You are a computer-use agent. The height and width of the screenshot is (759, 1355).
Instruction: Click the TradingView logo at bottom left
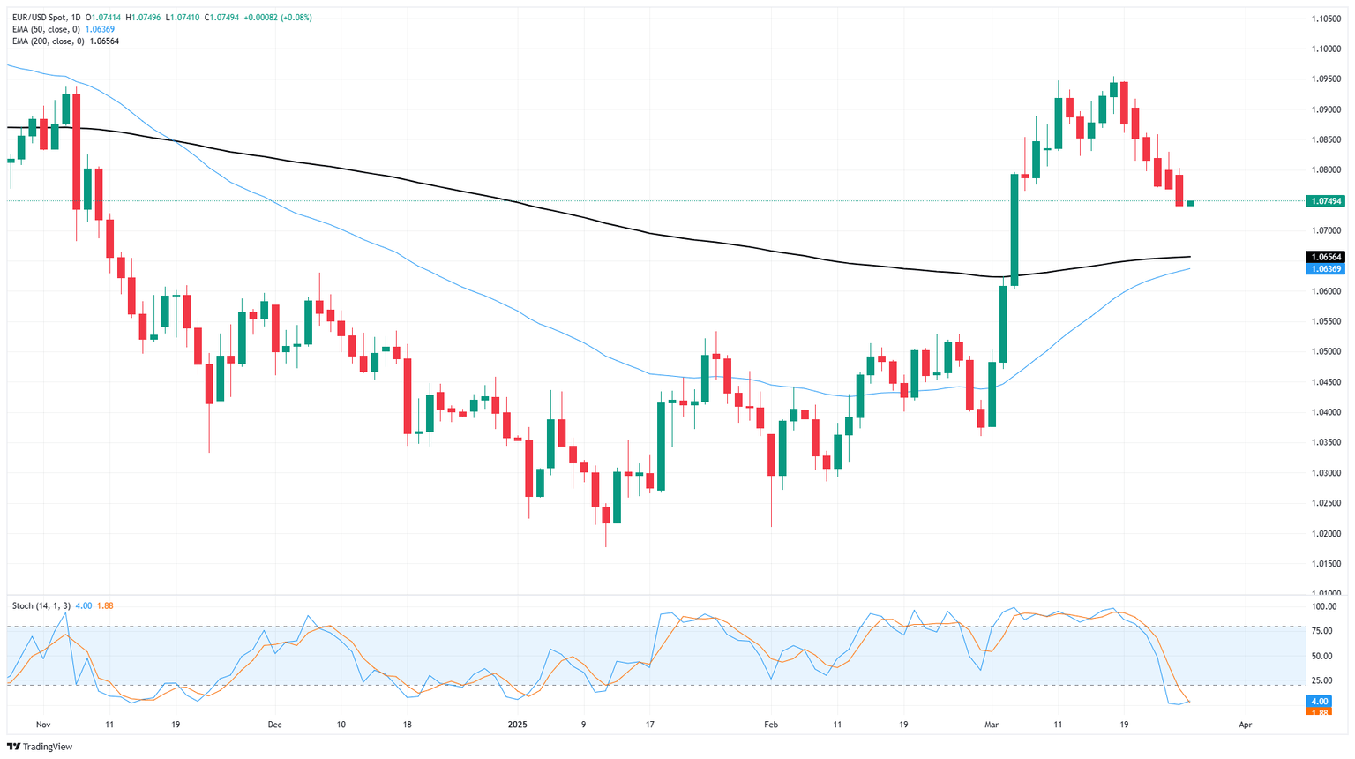[40, 747]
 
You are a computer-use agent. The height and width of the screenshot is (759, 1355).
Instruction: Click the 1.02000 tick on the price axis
[1326, 533]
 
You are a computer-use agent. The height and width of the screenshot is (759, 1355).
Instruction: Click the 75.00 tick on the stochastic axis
[1322, 631]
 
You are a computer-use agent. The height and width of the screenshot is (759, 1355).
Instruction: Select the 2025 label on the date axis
[517, 725]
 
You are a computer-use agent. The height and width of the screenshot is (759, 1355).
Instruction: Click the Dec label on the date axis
[274, 725]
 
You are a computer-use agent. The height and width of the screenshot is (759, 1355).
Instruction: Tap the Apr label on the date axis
[1245, 725]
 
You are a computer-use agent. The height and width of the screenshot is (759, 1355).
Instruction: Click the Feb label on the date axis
[770, 725]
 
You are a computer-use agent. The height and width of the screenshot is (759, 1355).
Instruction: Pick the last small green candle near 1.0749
[1190, 203]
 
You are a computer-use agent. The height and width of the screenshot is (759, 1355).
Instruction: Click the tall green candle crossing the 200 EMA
[1014, 229]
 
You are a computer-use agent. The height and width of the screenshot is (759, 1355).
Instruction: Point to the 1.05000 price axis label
[1326, 351]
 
